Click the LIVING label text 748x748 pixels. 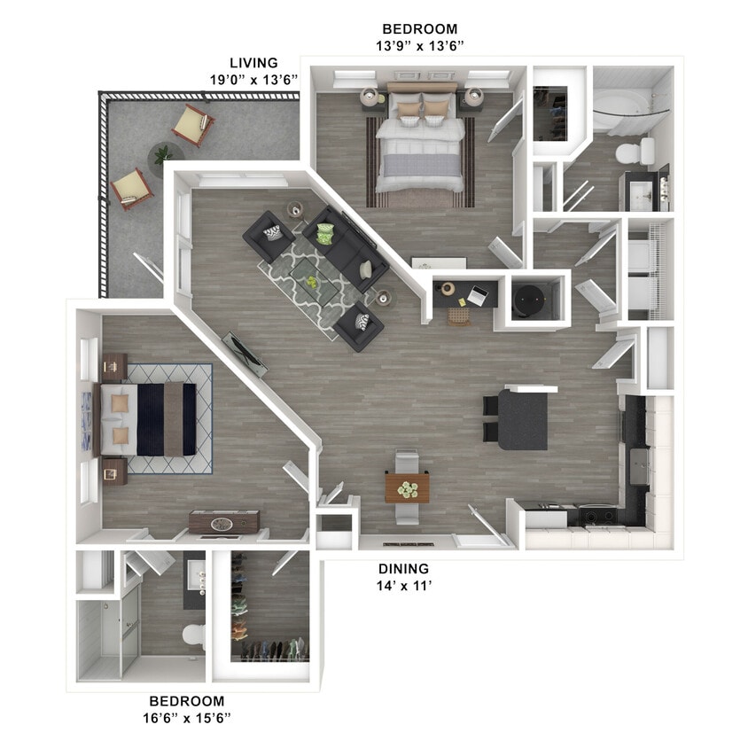(x=253, y=63)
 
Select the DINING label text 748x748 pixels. (x=403, y=568)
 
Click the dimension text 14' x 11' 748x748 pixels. (x=403, y=585)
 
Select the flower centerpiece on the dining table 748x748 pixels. (x=407, y=488)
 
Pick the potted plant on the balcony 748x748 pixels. (x=163, y=154)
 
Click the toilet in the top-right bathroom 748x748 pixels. (x=630, y=152)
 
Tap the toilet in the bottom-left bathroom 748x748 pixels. (x=193, y=635)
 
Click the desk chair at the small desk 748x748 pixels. (x=458, y=316)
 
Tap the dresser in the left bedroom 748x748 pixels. (x=224, y=522)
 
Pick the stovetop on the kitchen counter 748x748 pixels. (x=596, y=515)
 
